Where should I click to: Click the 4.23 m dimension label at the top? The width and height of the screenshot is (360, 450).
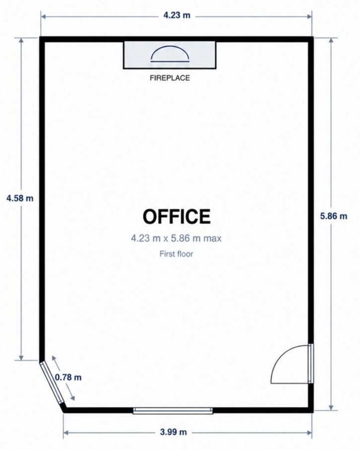click(x=177, y=15)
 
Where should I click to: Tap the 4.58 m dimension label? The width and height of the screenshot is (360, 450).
click(x=20, y=198)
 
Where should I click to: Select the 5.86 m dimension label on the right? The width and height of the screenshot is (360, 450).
click(x=334, y=216)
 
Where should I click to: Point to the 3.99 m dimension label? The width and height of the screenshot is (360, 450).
click(x=173, y=432)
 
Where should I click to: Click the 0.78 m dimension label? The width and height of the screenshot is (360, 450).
click(x=68, y=377)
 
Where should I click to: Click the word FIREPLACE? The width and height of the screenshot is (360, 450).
click(x=170, y=78)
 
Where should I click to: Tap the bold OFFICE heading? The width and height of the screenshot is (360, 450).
click(x=176, y=217)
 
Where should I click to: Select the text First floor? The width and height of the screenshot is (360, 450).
click(x=176, y=254)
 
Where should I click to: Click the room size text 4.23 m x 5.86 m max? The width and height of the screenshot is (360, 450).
click(x=176, y=238)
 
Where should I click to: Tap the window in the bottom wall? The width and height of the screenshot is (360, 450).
click(x=173, y=410)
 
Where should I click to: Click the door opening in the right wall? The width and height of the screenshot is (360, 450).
click(x=311, y=363)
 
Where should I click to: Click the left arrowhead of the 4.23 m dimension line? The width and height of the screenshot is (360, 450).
click(x=44, y=16)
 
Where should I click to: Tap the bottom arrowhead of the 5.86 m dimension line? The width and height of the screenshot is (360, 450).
click(x=331, y=407)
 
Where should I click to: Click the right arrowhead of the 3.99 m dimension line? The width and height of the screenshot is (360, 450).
click(x=309, y=433)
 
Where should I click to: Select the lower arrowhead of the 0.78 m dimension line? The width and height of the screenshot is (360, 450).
click(x=72, y=398)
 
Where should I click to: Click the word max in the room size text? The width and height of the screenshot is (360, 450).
click(x=213, y=238)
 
